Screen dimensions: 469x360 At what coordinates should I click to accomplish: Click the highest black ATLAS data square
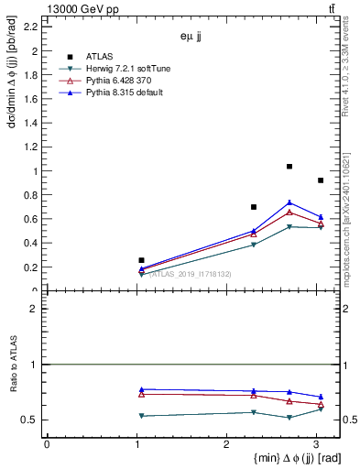[x=289, y=167]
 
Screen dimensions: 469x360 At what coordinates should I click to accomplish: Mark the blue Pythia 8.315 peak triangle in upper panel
[x=289, y=202]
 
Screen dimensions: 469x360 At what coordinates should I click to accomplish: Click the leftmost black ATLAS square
[x=141, y=260]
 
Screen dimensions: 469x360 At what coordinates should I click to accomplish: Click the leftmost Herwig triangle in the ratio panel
[x=141, y=416]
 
